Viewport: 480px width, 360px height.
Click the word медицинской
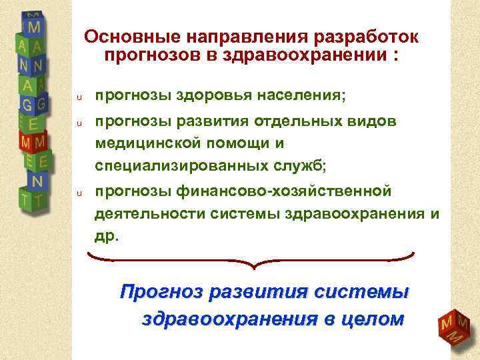point(150,142)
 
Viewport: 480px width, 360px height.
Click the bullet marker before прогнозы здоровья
point(78,98)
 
